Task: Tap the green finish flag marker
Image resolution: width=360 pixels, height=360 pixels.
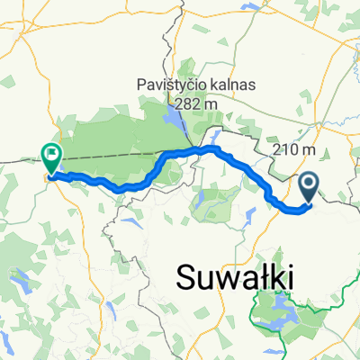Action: tap(51, 158)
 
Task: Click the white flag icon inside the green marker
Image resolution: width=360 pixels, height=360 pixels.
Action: tap(51, 154)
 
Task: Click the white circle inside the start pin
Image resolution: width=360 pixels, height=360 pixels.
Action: tap(308, 184)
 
